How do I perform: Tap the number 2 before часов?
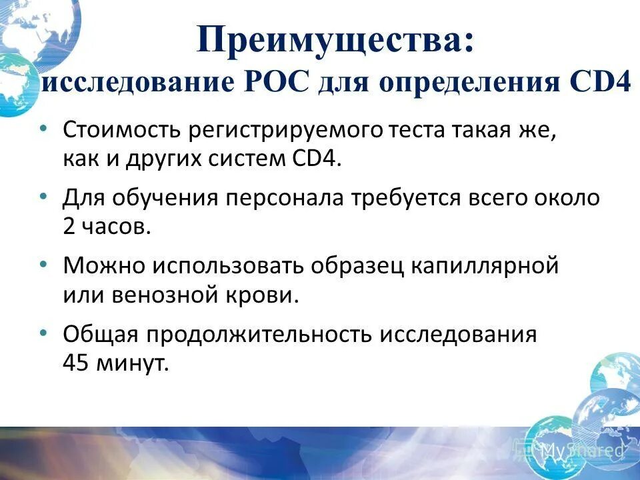coord(69,227)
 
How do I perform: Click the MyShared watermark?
coord(581,450)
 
